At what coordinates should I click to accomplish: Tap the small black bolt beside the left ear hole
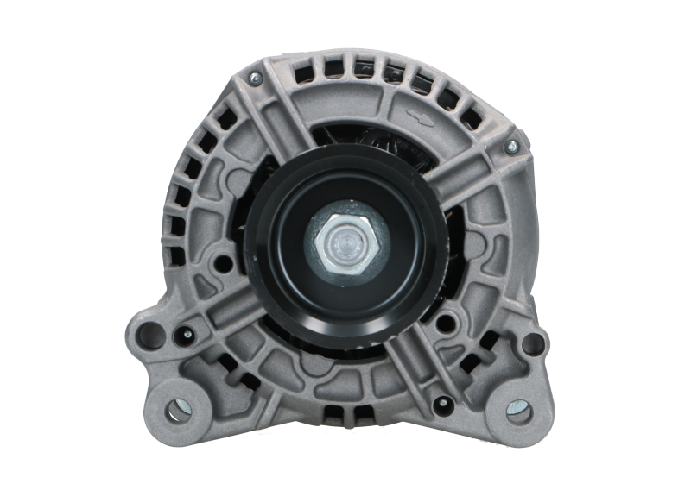click(x=185, y=334)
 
